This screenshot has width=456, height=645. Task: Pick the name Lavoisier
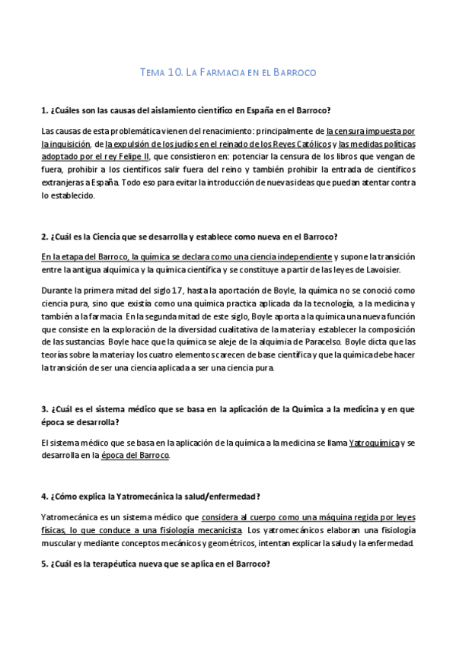tap(389, 270)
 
